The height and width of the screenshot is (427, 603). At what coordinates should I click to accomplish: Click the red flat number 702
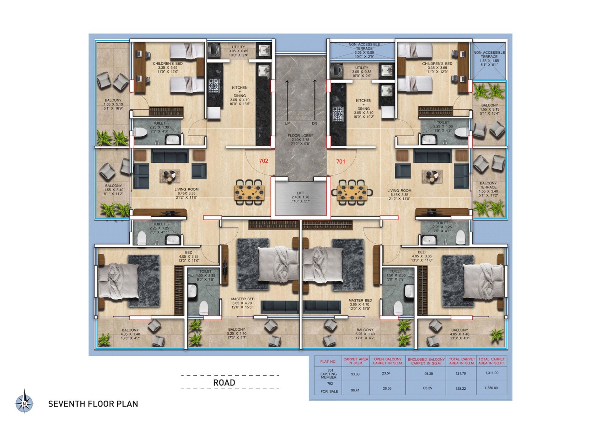point(263,161)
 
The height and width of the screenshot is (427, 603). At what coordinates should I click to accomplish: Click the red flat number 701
point(340,162)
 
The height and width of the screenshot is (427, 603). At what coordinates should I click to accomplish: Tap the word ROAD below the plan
point(224,383)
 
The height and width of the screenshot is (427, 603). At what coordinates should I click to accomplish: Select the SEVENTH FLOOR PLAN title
point(93,404)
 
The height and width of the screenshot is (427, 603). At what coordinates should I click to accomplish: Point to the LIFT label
point(300,193)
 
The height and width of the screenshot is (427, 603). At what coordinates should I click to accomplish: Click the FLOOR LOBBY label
point(300,136)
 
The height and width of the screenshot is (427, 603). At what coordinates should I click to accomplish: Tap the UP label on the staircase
point(287,123)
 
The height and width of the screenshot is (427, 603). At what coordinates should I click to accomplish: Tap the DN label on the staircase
point(314,123)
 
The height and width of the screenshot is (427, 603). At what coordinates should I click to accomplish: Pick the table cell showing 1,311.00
point(491,373)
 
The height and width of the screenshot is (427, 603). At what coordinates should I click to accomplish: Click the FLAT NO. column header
point(328,362)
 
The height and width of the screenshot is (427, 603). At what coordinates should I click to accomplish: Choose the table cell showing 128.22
point(461,388)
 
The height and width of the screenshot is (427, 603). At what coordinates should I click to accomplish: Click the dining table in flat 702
point(249,193)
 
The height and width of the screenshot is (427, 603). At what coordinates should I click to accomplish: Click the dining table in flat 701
point(352,193)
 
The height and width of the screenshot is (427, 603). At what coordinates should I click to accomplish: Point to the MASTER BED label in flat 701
point(360,300)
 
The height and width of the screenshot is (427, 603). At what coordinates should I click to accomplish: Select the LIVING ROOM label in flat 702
point(187,190)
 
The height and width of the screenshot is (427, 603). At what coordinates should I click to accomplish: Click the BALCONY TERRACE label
point(488,185)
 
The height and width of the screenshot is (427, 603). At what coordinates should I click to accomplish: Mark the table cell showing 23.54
point(386,373)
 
